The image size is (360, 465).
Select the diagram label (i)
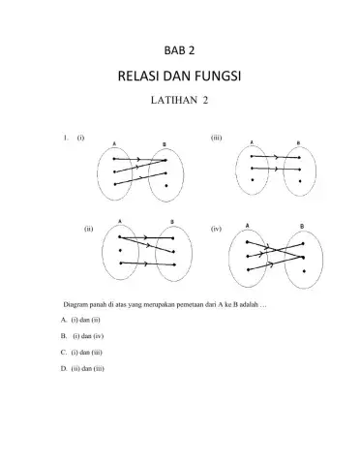click(81, 139)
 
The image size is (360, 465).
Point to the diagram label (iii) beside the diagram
click(217, 139)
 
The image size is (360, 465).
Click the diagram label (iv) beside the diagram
click(217, 230)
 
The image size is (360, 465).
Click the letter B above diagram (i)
click(164, 144)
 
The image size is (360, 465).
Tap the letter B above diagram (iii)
click(297, 143)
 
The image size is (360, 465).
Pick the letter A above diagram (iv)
click(248, 225)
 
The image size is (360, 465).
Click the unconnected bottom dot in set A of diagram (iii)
click(253, 180)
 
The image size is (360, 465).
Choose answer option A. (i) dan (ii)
click(80, 319)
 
